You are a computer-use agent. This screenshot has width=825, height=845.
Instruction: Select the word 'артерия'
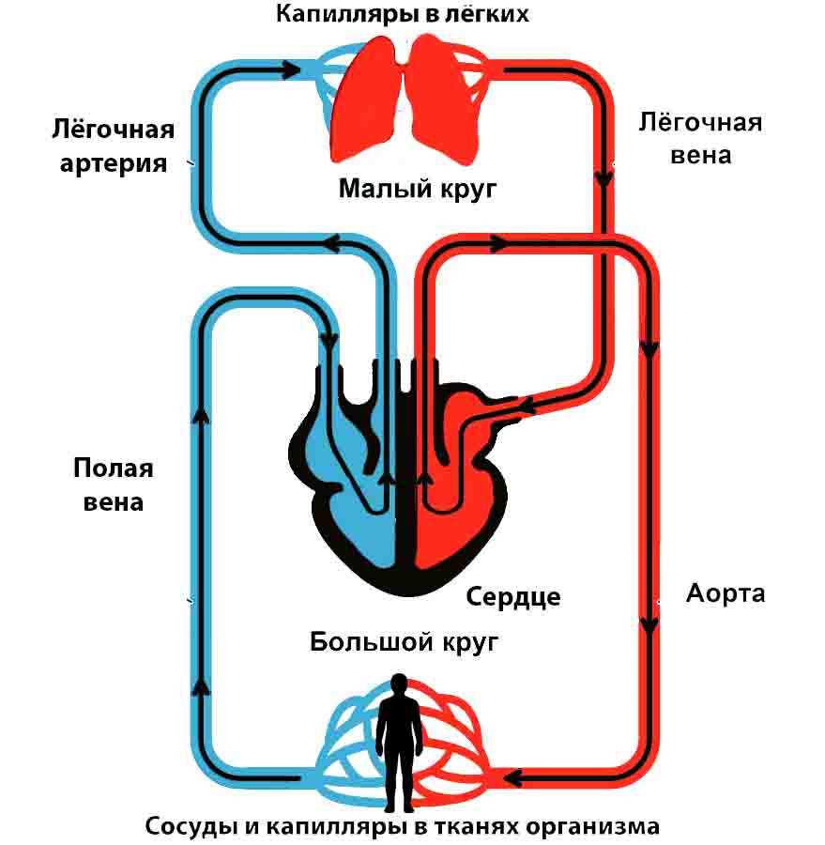coord(115,162)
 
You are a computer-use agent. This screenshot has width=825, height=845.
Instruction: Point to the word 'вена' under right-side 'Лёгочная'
coord(700,154)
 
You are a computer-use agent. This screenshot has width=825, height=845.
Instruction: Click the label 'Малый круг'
coord(417,188)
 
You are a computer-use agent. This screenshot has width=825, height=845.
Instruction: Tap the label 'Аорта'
coord(726,593)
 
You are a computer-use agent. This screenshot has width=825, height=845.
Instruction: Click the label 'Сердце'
coord(512,596)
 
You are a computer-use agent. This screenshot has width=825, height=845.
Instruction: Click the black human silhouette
coord(399,742)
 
